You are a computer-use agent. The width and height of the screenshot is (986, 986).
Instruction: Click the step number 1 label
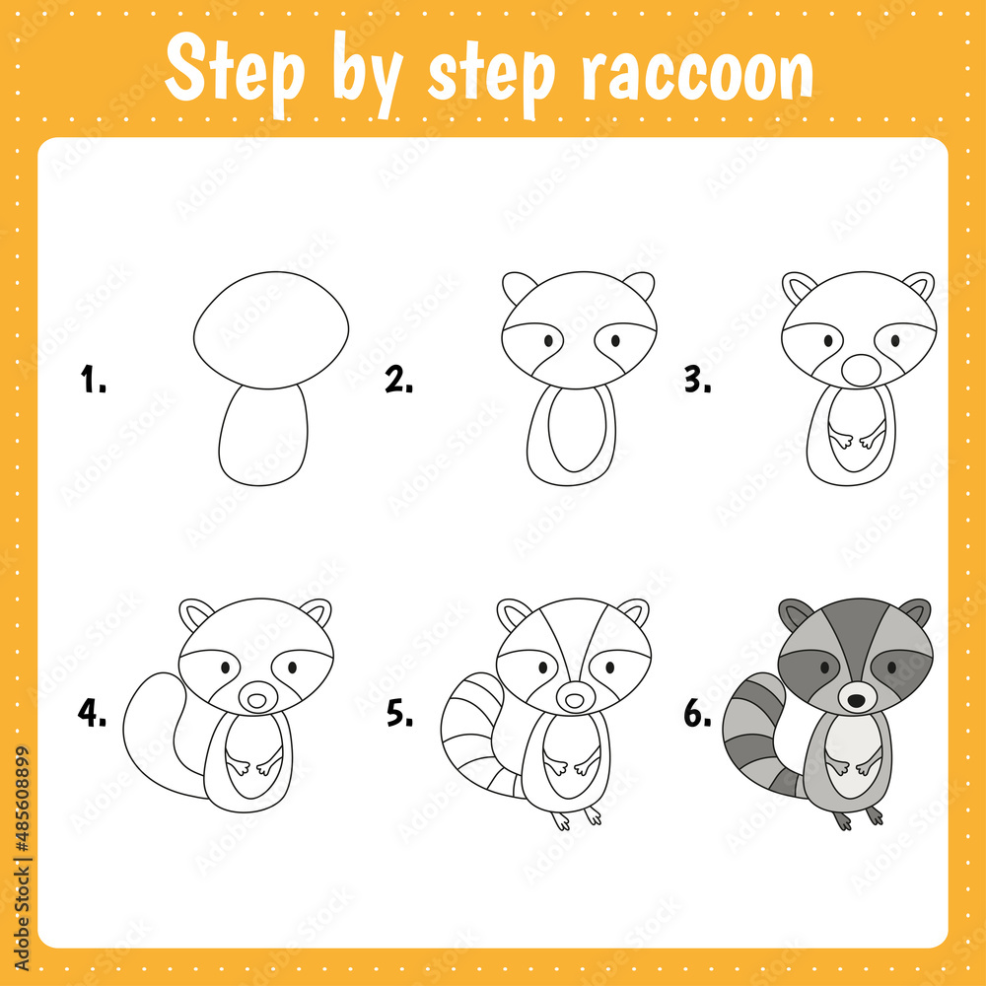point(93,380)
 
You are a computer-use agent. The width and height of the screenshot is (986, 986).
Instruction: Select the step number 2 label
point(398,380)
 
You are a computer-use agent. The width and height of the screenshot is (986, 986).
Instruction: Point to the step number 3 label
point(698,380)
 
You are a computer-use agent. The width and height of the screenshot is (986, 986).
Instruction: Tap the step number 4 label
point(93,715)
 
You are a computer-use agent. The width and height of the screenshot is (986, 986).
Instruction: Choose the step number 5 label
point(399,715)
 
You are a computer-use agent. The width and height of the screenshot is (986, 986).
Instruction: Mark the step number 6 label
point(698,715)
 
